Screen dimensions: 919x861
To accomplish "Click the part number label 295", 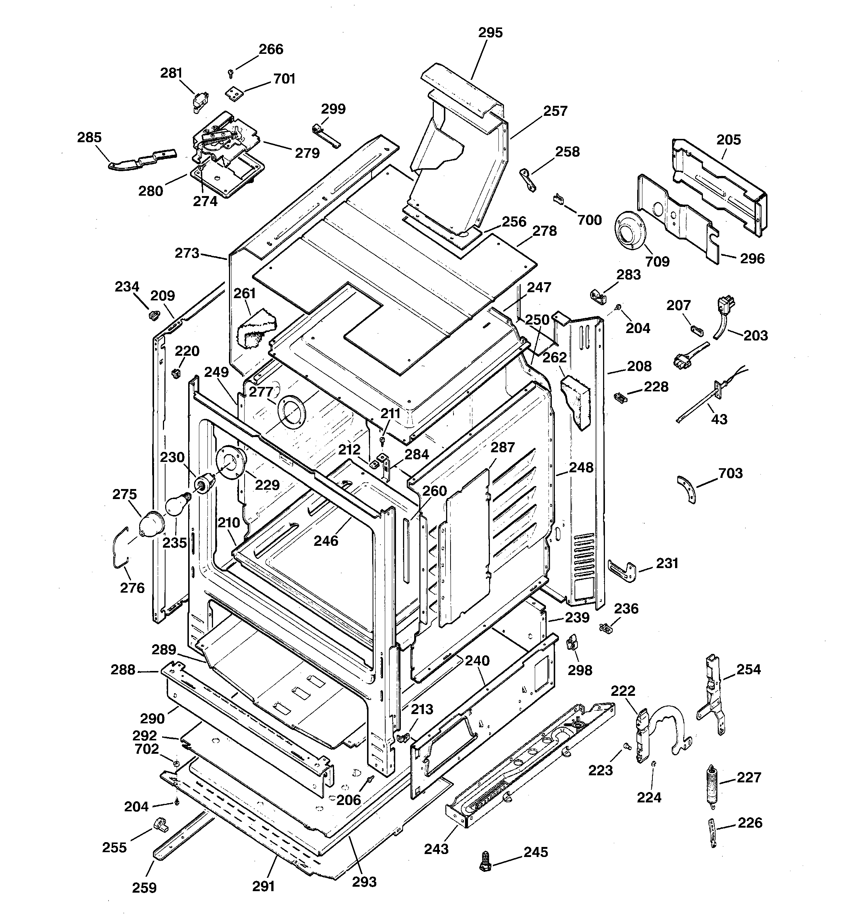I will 490,33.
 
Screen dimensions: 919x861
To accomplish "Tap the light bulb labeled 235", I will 177,505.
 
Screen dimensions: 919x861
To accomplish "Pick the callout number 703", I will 730,473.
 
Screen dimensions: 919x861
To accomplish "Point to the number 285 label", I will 89,137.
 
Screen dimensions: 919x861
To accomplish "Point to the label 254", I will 748,669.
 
